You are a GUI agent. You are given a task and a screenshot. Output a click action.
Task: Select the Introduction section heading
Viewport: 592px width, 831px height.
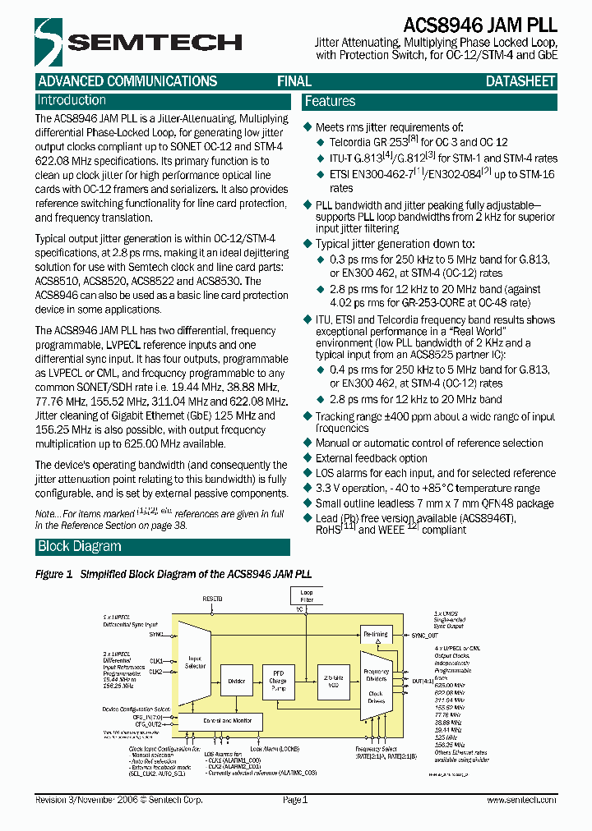click(72, 100)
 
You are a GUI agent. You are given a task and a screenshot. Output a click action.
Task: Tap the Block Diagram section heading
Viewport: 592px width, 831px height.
click(79, 547)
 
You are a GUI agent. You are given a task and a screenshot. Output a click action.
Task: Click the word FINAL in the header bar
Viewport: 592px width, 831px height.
click(294, 81)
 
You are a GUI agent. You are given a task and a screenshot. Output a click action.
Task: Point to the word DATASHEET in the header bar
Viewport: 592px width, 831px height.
click(520, 81)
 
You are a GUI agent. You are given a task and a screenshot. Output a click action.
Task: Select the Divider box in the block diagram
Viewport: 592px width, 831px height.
click(236, 680)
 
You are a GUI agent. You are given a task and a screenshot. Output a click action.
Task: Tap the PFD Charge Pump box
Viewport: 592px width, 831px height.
click(278, 680)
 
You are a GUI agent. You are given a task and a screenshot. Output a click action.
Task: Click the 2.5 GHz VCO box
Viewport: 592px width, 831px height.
click(331, 680)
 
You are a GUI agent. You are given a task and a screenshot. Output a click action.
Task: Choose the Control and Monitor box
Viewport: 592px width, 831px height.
click(220, 720)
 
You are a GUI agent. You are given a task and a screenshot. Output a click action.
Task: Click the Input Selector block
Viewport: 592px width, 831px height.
click(195, 662)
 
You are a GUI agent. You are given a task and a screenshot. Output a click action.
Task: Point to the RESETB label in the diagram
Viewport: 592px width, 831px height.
click(214, 600)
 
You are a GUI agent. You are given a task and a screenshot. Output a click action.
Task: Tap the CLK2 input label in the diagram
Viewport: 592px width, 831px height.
click(156, 672)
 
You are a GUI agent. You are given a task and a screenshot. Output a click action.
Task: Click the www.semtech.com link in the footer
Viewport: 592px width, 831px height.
click(519, 799)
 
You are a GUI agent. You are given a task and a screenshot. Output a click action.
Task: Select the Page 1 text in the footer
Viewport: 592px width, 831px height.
click(294, 799)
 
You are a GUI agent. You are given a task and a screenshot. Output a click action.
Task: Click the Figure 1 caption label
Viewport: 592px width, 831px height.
click(54, 575)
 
